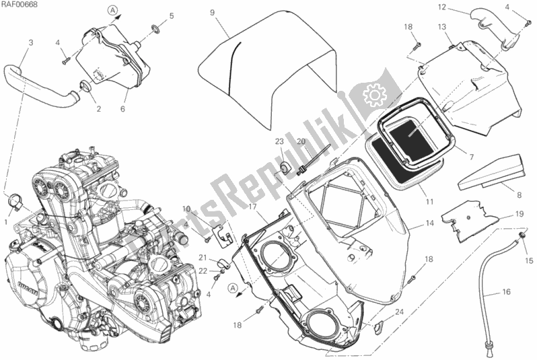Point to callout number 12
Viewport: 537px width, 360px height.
point(460,7)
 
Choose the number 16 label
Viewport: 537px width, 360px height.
point(505,292)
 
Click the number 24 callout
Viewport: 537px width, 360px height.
point(399,311)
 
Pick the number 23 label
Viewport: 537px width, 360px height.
point(277,141)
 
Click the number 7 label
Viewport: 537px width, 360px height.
point(471,157)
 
